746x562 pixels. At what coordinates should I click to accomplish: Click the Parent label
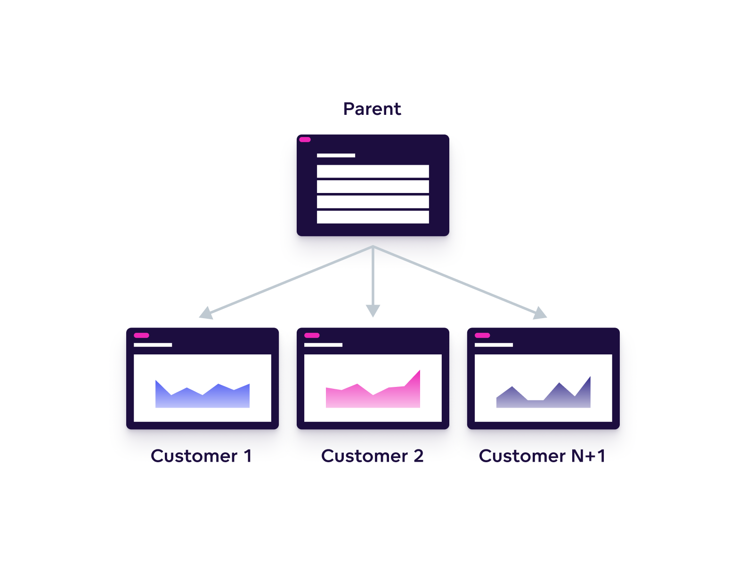tap(372, 109)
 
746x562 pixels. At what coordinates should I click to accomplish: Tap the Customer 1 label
tap(201, 456)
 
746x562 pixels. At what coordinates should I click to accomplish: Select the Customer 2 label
tap(372, 456)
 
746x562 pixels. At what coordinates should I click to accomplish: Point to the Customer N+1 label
tap(542, 456)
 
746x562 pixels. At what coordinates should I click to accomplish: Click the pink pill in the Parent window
tap(305, 140)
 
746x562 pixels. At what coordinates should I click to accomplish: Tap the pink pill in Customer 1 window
tap(141, 336)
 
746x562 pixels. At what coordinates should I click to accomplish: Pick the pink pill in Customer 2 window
tap(312, 336)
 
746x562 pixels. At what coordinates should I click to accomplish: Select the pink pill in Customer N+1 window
tap(482, 336)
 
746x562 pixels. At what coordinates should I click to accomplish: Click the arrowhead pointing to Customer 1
tap(206, 313)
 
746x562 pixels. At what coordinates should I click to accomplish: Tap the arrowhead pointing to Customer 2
tap(373, 311)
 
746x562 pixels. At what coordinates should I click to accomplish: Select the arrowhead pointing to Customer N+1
tap(540, 313)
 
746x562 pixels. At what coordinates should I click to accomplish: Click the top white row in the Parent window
tap(373, 171)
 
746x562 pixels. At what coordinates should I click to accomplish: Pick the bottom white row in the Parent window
tap(373, 217)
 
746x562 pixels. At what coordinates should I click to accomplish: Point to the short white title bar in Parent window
tap(336, 155)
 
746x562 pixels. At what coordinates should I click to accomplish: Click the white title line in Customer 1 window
tap(153, 345)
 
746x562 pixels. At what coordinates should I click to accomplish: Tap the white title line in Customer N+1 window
tap(494, 345)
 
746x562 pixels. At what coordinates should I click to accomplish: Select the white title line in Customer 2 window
tap(323, 345)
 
